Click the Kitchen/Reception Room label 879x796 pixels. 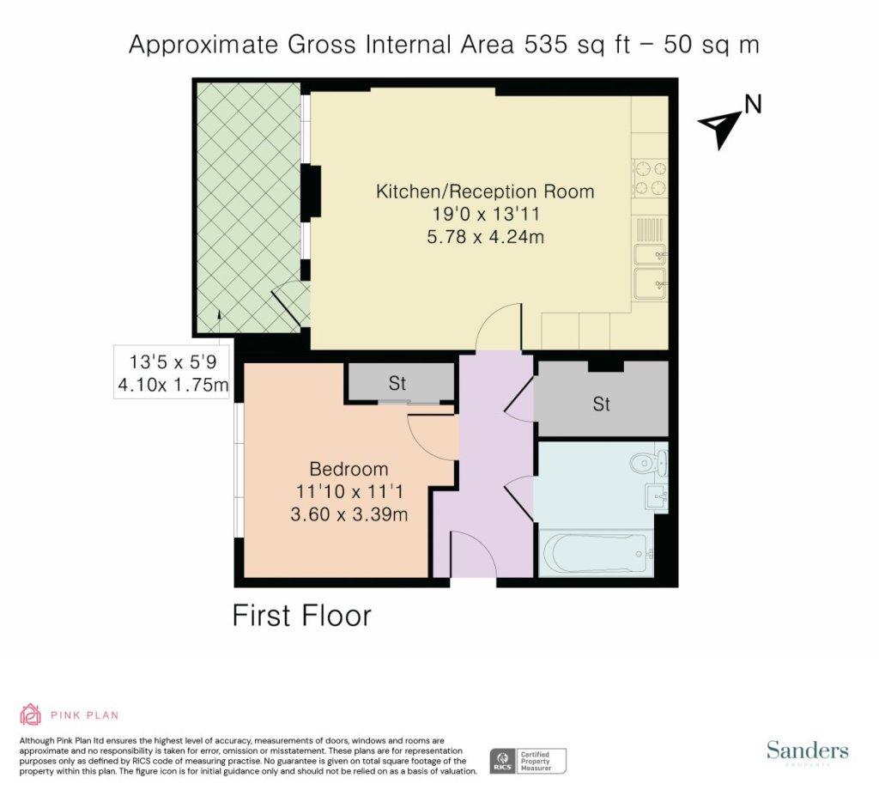[x=485, y=191]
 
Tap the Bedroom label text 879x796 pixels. [x=349, y=468]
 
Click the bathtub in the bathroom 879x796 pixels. [x=597, y=553]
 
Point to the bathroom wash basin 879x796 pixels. [x=657, y=496]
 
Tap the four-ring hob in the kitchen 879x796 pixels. [x=651, y=179]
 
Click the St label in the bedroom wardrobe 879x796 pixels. [x=397, y=383]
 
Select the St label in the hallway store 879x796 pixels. [x=601, y=404]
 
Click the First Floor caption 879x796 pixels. [x=301, y=616]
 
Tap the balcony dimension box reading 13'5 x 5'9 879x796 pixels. [x=172, y=372]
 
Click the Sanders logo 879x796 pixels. [x=807, y=750]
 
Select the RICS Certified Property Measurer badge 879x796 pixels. [x=528, y=761]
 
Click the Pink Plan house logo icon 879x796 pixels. [x=30, y=714]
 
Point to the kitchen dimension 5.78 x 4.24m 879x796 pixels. [x=486, y=237]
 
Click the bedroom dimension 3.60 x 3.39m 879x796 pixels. [x=349, y=514]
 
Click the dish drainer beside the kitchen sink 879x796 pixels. [x=650, y=230]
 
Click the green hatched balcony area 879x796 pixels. [x=251, y=208]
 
